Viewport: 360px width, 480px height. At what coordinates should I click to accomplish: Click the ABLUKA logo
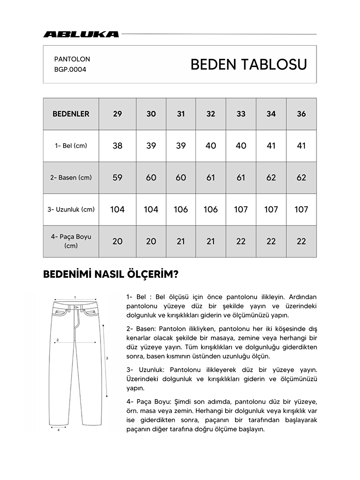click(x=81, y=34)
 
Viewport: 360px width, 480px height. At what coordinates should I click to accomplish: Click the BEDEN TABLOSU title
click(x=248, y=65)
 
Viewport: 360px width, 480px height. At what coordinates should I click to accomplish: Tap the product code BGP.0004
click(x=70, y=70)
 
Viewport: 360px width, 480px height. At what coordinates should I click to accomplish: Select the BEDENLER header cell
click(x=71, y=114)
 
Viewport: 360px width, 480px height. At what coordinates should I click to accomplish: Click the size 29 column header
click(x=118, y=114)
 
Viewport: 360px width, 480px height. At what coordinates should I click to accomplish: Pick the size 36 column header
click(x=301, y=114)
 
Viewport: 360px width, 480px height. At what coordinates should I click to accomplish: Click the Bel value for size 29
click(x=118, y=146)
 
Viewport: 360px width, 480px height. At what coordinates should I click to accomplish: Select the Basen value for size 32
click(x=211, y=178)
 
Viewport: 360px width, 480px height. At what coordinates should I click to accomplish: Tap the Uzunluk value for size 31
click(x=181, y=209)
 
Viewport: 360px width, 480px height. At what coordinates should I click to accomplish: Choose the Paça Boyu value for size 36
click(x=301, y=241)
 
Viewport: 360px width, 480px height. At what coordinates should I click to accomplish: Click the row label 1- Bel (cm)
click(x=71, y=146)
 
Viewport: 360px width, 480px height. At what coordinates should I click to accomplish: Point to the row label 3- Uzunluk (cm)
click(x=71, y=209)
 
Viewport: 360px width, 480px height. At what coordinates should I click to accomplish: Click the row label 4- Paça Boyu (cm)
click(x=71, y=241)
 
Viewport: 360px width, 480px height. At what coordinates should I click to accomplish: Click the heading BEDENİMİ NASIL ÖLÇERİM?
click(x=110, y=275)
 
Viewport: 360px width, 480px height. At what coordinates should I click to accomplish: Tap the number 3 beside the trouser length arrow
click(x=107, y=358)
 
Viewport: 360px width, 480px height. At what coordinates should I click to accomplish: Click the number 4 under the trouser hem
click(x=58, y=430)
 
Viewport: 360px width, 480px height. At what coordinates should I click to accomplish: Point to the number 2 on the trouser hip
click(x=58, y=340)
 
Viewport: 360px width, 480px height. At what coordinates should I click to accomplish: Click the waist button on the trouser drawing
click(x=75, y=307)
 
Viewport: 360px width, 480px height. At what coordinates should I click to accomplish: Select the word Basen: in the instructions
click(x=145, y=329)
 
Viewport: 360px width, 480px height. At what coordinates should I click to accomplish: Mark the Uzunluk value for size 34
click(x=271, y=209)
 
